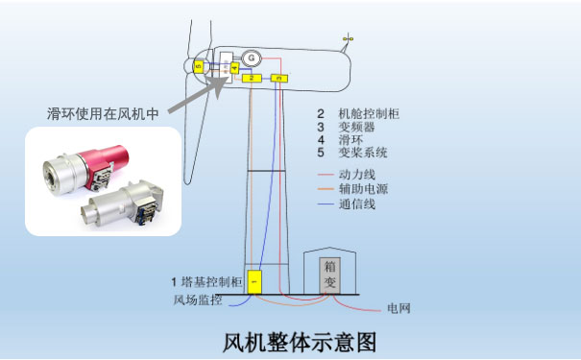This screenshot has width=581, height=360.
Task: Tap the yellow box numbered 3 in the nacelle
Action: [x=279, y=78]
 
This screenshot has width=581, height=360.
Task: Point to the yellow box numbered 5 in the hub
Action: [x=198, y=66]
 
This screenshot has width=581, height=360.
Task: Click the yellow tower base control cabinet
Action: [x=254, y=282]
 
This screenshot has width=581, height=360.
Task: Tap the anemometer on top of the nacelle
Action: [x=348, y=40]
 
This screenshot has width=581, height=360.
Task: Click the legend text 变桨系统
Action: [x=362, y=153]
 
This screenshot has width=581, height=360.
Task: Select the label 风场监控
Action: [x=197, y=300]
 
